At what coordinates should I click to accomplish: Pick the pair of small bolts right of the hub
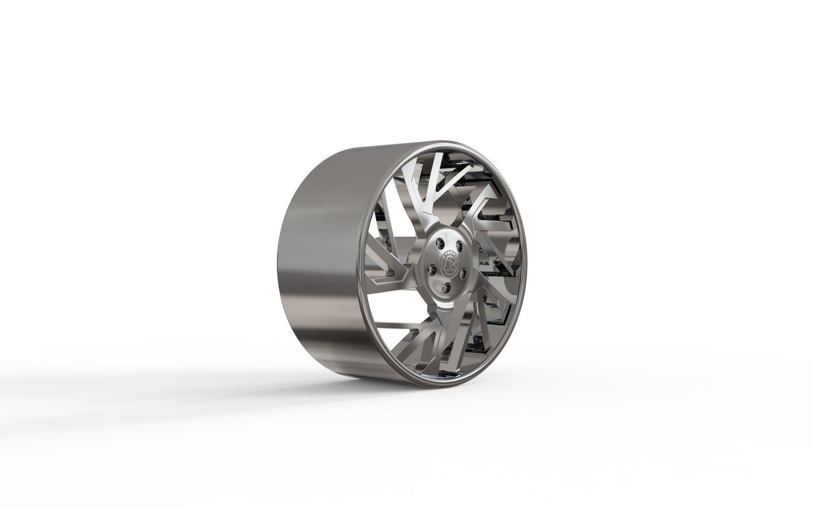click(482, 264)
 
